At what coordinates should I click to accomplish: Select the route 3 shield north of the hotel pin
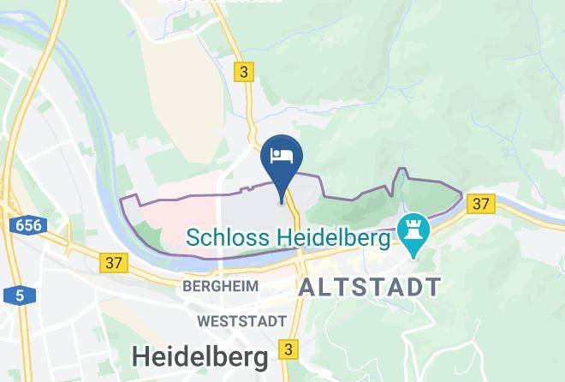[246, 73]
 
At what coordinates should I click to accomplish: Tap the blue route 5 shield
[18, 296]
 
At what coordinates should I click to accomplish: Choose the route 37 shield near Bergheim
[112, 261]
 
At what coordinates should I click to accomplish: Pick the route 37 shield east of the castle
[482, 203]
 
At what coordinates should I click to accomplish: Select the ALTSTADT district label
[369, 287]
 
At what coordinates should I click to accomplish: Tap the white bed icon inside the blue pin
[282, 156]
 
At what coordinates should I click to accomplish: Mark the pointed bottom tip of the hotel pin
[282, 204]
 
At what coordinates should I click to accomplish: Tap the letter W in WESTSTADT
[204, 322]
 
